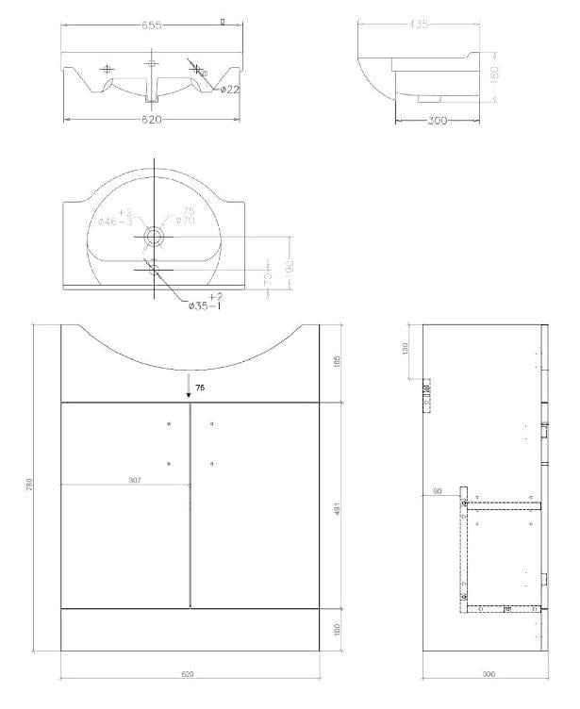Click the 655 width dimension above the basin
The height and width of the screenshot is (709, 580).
[x=152, y=25]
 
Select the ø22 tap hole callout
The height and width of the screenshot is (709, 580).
[x=228, y=90]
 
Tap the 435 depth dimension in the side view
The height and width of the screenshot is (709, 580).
[x=419, y=25]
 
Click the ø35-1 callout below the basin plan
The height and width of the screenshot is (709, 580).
[x=207, y=306]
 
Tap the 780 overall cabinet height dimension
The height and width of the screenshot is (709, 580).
[x=30, y=484]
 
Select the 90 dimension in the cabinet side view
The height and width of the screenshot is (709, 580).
[x=437, y=491]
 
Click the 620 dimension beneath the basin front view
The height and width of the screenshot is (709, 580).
[x=152, y=120]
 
